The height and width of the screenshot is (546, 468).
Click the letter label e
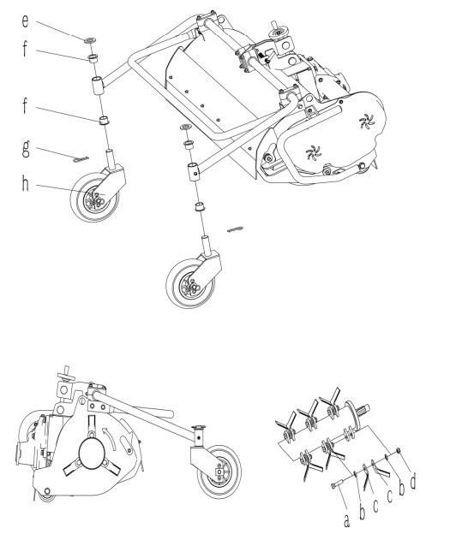coord(25,21)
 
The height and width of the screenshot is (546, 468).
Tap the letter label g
coord(26,149)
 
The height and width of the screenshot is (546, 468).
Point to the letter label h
coord(25,183)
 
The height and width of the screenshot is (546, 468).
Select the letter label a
coord(346,521)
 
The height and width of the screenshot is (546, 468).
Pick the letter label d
coord(413,482)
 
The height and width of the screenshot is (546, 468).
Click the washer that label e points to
coord(89,40)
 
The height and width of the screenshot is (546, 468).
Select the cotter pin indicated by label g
coord(81,159)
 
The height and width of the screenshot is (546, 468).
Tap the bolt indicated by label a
coord(338,484)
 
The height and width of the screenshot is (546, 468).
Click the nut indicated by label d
coord(399,451)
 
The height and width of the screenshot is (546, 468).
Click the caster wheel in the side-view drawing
coord(219,472)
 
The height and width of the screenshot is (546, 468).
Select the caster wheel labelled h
coord(95,197)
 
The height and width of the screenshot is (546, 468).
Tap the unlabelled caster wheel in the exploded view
coord(190,283)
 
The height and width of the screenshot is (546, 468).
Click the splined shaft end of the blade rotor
coord(364,408)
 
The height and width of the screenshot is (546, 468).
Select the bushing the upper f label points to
coord(92,58)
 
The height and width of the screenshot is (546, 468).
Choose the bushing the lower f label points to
coord(104,121)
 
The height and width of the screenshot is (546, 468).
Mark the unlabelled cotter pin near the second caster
coord(235,229)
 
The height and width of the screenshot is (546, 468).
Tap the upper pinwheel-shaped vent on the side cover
coord(366,121)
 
